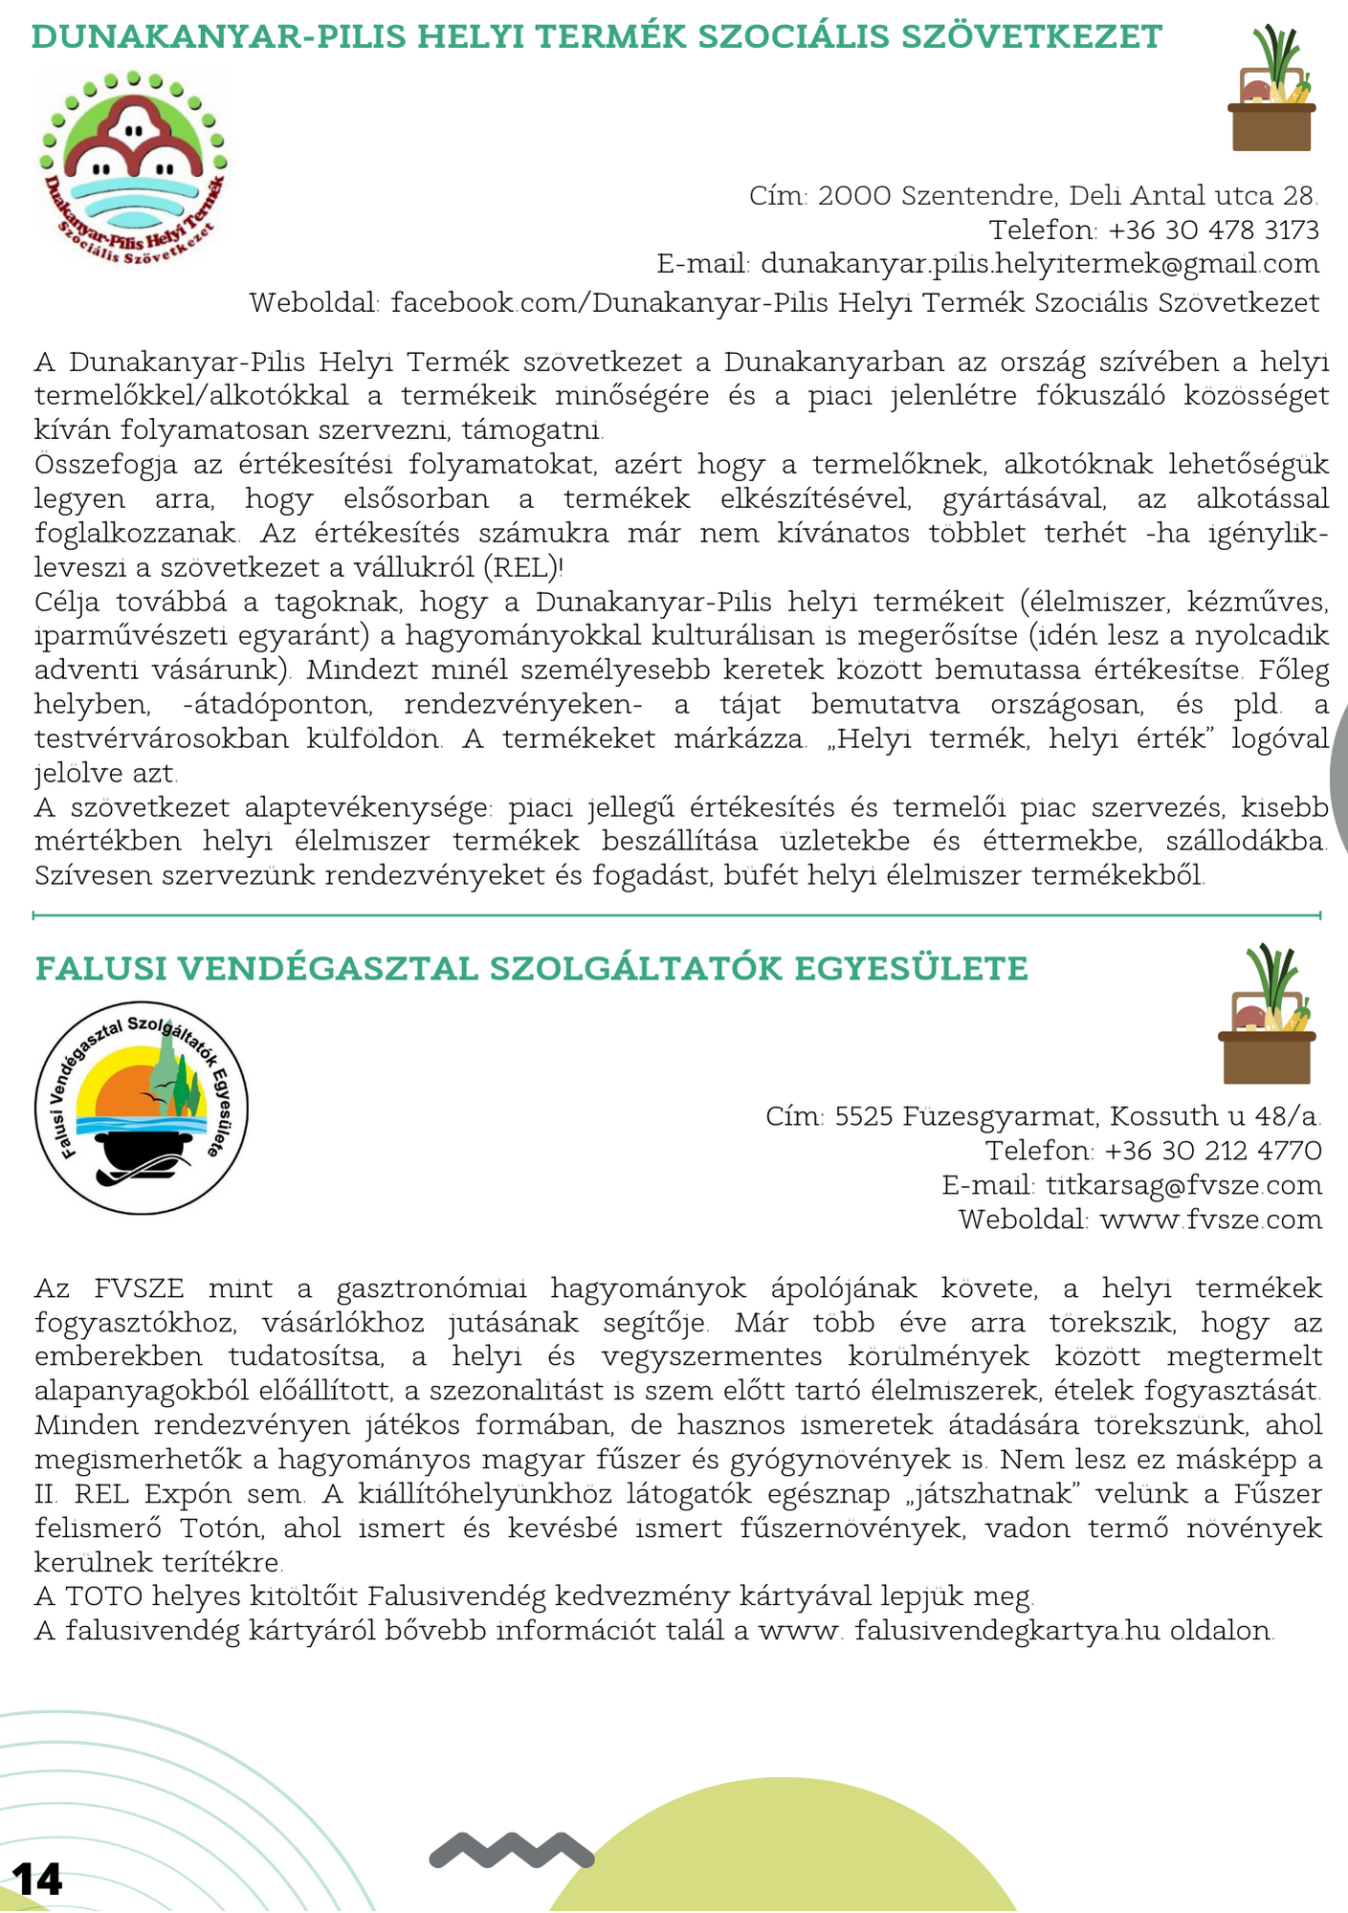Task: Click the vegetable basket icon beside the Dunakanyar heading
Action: tap(1271, 91)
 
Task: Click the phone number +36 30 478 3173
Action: tap(1213, 231)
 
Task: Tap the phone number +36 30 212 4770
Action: tap(1213, 1151)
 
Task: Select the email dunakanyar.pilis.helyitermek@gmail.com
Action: tap(1040, 264)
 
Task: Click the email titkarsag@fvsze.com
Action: tap(1184, 1186)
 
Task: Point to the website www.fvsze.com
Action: tap(1211, 1220)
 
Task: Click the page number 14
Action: tap(37, 1880)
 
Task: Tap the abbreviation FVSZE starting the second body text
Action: tap(139, 1288)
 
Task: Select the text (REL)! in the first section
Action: tap(524, 568)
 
